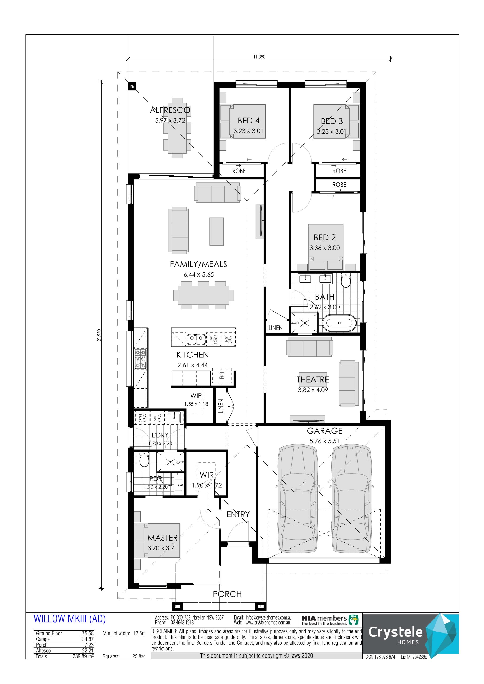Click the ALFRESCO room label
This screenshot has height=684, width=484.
point(170,110)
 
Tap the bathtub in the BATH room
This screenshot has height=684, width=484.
point(339,323)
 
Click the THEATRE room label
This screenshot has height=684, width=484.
point(313,379)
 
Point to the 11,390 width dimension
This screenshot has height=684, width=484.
point(259,57)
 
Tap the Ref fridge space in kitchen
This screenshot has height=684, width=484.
point(222,375)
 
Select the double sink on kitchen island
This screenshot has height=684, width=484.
point(196,339)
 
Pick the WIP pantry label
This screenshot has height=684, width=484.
point(196,396)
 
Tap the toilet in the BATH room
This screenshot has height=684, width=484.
point(346,280)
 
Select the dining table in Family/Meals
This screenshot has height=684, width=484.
point(203,295)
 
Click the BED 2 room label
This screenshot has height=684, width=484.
point(324,238)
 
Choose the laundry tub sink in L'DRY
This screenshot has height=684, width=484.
point(174,417)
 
